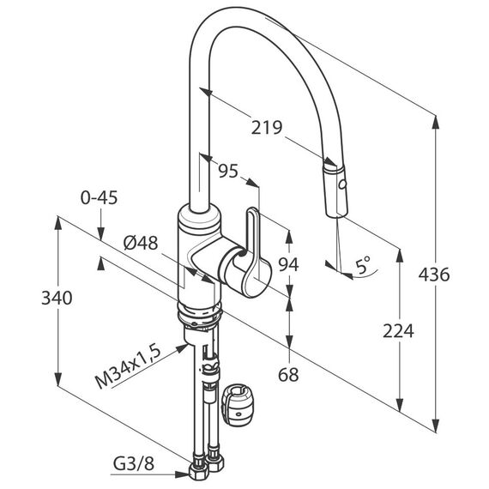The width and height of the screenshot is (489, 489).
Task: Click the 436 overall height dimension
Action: point(434,275)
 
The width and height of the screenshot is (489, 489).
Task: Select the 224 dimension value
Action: point(398,331)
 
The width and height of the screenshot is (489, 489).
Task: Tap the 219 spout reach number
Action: point(267,127)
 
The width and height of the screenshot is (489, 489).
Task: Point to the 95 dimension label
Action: point(228,171)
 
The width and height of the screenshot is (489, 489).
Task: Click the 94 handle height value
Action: point(288,264)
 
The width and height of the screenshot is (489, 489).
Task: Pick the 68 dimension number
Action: point(288,375)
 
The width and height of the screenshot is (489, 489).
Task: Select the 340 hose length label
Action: point(57,298)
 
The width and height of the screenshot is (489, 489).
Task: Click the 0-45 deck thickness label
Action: point(99,197)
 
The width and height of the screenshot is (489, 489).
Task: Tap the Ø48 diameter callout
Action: point(141,243)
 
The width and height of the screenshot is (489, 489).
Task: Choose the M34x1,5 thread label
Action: point(128,367)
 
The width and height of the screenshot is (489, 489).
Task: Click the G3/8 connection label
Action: point(134,464)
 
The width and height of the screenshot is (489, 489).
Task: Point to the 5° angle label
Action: point(363,265)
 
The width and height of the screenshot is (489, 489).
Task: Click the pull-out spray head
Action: point(335,190)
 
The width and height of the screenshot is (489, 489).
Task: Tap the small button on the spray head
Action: point(342,185)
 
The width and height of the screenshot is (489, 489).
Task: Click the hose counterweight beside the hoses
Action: point(238,403)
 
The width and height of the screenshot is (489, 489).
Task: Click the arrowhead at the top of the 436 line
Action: point(436,122)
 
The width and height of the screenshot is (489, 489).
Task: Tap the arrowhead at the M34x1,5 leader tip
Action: point(182,347)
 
